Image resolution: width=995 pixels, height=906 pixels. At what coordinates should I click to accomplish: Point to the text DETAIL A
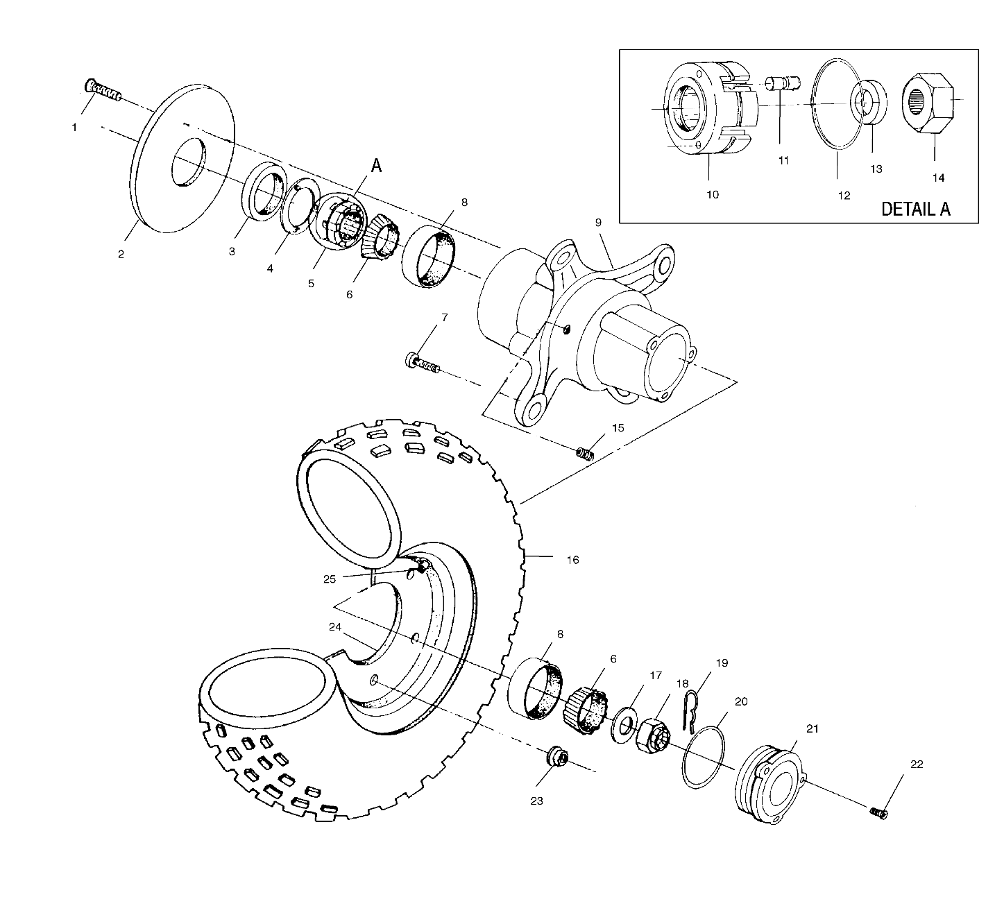(x=916, y=209)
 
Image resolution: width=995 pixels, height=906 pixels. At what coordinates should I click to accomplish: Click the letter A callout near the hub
(x=377, y=166)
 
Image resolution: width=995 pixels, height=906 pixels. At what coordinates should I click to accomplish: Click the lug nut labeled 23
(x=556, y=757)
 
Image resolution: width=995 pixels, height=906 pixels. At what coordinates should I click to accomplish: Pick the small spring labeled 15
(x=585, y=453)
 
